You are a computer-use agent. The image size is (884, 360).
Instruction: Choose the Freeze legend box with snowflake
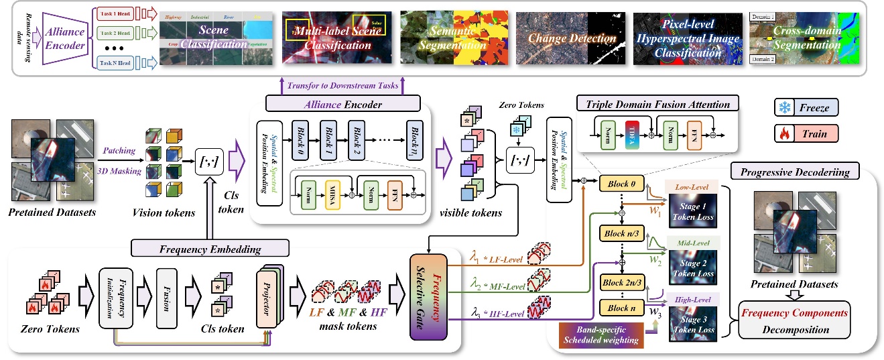pos(806,107)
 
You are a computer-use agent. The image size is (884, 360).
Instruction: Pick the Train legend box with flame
pos(806,133)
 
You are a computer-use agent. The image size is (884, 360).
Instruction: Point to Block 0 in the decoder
pos(622,182)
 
